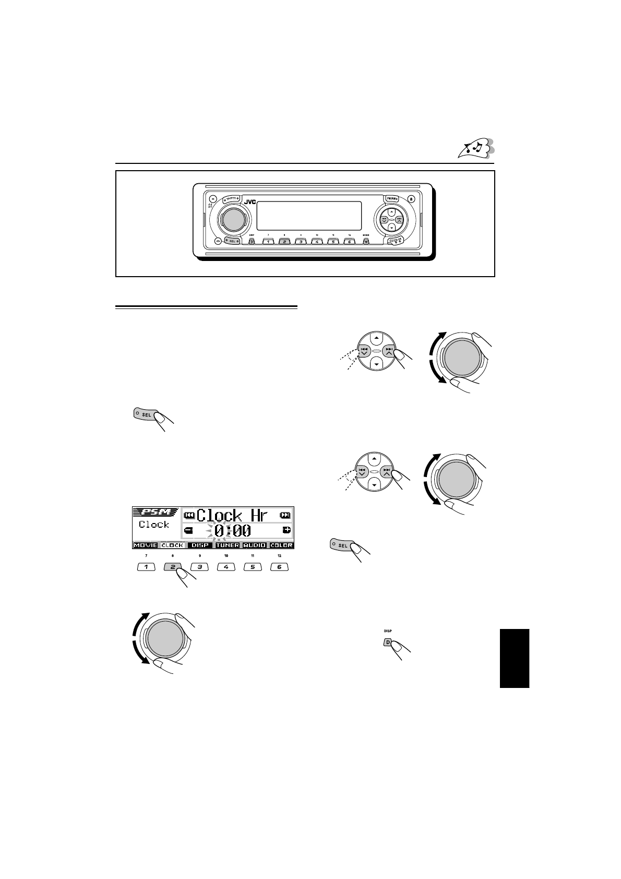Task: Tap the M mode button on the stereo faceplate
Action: pyautogui.click(x=366, y=242)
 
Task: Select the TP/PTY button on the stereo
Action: pyautogui.click(x=230, y=199)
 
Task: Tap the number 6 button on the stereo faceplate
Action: pyautogui.click(x=349, y=242)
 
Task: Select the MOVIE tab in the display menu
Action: pyautogui.click(x=145, y=545)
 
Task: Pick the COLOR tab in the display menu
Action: pyautogui.click(x=281, y=545)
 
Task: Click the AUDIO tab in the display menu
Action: pyautogui.click(x=255, y=545)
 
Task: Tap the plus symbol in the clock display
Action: pyautogui.click(x=286, y=530)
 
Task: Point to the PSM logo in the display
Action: pyautogui.click(x=156, y=512)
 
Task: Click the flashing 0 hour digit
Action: pyautogui.click(x=220, y=531)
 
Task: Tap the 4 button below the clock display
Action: pyautogui.click(x=226, y=567)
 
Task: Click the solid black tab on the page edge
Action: pyautogui.click(x=514, y=658)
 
